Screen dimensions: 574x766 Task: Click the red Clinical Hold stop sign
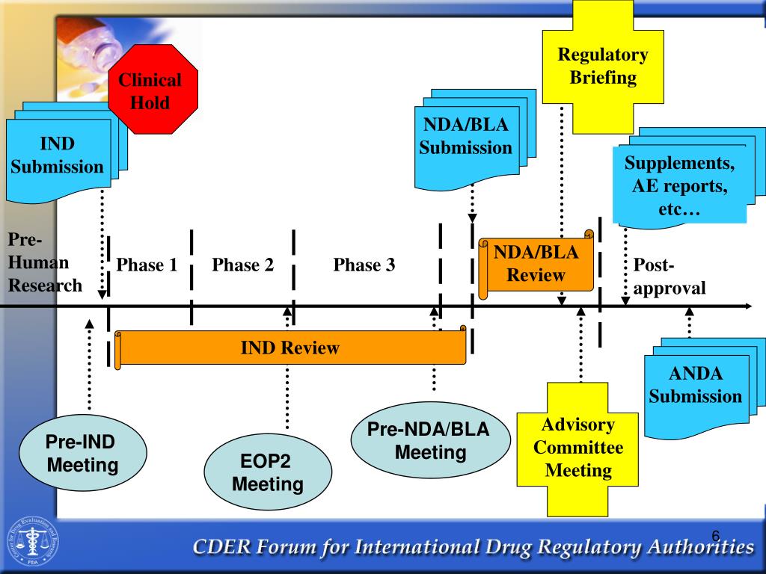pos(153,90)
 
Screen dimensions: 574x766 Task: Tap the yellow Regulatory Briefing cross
pos(603,66)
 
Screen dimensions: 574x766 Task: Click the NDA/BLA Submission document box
pos(465,137)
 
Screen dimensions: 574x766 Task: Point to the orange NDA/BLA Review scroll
pos(536,265)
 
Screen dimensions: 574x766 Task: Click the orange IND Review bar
pos(290,348)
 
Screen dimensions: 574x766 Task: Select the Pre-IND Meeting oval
pos(82,454)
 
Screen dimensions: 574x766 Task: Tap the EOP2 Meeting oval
pos(267,473)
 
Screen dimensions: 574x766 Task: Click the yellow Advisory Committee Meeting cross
pos(579,448)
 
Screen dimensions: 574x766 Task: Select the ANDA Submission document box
pos(696,386)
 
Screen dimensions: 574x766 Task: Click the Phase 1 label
pos(147,265)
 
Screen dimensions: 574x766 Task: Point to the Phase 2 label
pos(242,265)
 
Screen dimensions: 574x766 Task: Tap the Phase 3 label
pos(364,265)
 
